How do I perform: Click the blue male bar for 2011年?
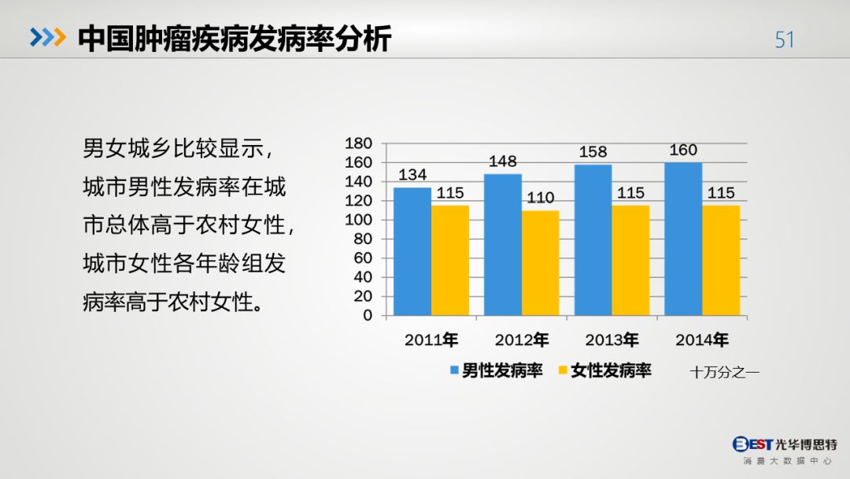pyautogui.click(x=412, y=251)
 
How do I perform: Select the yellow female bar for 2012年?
pyautogui.click(x=541, y=263)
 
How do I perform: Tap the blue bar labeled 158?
pyautogui.click(x=593, y=239)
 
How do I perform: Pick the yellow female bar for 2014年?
pyautogui.click(x=721, y=261)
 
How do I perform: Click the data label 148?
pyautogui.click(x=502, y=162)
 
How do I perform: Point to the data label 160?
pyautogui.click(x=683, y=150)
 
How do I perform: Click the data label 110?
pyautogui.click(x=541, y=198)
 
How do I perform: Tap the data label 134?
pyautogui.click(x=412, y=175)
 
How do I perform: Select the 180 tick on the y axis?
pyautogui.click(x=358, y=143)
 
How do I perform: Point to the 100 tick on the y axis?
pyautogui.click(x=358, y=220)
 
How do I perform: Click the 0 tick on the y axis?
pyautogui.click(x=368, y=315)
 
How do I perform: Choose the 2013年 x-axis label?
pyautogui.click(x=612, y=340)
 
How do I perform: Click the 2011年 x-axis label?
pyautogui.click(x=431, y=340)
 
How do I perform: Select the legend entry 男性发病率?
pyautogui.click(x=496, y=370)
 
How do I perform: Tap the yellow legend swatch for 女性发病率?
pyautogui.click(x=563, y=370)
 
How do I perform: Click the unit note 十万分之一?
pyautogui.click(x=724, y=372)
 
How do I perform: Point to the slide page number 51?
pyautogui.click(x=785, y=39)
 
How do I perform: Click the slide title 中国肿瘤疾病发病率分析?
pyautogui.click(x=235, y=39)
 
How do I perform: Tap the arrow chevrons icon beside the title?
pyautogui.click(x=48, y=38)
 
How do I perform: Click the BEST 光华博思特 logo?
pyautogui.click(x=785, y=451)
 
